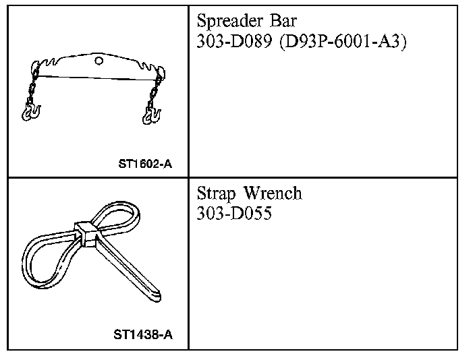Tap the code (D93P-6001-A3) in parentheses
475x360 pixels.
click(339, 41)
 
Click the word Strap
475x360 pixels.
click(217, 195)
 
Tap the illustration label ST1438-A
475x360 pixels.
click(142, 334)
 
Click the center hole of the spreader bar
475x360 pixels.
click(99, 61)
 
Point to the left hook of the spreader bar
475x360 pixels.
click(30, 111)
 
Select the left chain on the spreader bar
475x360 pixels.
click(31, 88)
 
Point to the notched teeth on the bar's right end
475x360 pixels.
click(148, 66)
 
